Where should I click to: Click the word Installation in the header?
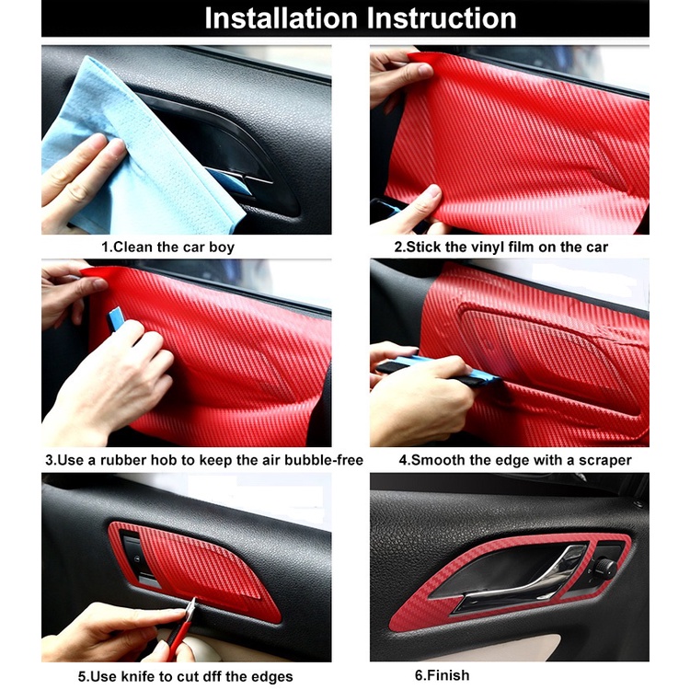tap(281, 18)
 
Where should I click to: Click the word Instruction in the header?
tap(442, 18)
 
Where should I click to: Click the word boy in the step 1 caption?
tap(222, 247)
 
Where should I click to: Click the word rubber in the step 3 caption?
tap(123, 460)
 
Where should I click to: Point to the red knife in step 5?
tap(181, 629)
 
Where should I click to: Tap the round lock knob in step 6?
tap(605, 568)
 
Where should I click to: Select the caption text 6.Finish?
tap(442, 675)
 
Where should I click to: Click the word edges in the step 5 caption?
tap(272, 677)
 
